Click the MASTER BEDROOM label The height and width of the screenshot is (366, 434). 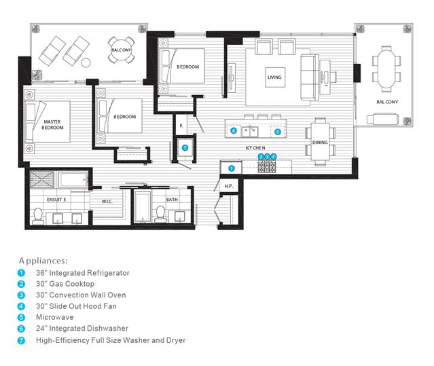click(x=52, y=124)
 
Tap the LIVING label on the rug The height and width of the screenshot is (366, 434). click(x=274, y=77)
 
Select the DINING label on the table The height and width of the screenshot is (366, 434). click(x=320, y=143)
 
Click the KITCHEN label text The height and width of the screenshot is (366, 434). click(x=255, y=148)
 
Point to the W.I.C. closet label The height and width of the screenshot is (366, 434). click(x=107, y=202)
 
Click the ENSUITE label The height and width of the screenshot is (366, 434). click(x=56, y=200)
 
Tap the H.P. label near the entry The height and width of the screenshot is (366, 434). click(x=229, y=186)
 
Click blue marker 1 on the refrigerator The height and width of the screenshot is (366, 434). click(x=232, y=168)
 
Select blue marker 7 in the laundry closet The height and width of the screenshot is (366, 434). click(x=185, y=148)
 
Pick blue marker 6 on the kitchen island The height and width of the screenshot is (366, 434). click(x=234, y=130)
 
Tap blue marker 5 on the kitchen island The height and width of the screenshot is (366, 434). click(x=278, y=132)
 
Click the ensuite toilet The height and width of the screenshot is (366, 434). click(x=37, y=216)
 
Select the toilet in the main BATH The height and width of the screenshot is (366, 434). click(x=160, y=214)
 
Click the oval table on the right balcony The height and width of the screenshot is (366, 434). click(x=386, y=69)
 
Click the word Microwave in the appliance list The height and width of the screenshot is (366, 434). click(x=55, y=317)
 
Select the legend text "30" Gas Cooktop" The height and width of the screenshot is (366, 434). click(x=65, y=284)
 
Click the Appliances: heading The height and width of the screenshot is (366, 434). click(x=43, y=261)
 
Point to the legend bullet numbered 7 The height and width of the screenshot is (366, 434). click(x=21, y=340)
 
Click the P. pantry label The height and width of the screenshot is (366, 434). click(x=181, y=126)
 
